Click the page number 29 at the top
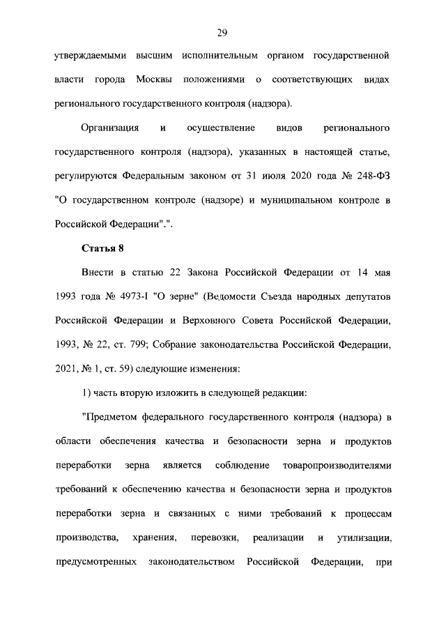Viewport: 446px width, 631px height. click(x=222, y=33)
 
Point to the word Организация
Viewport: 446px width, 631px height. click(x=110, y=128)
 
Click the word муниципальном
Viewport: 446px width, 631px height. click(x=295, y=201)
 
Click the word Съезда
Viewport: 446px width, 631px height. click(x=293, y=298)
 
